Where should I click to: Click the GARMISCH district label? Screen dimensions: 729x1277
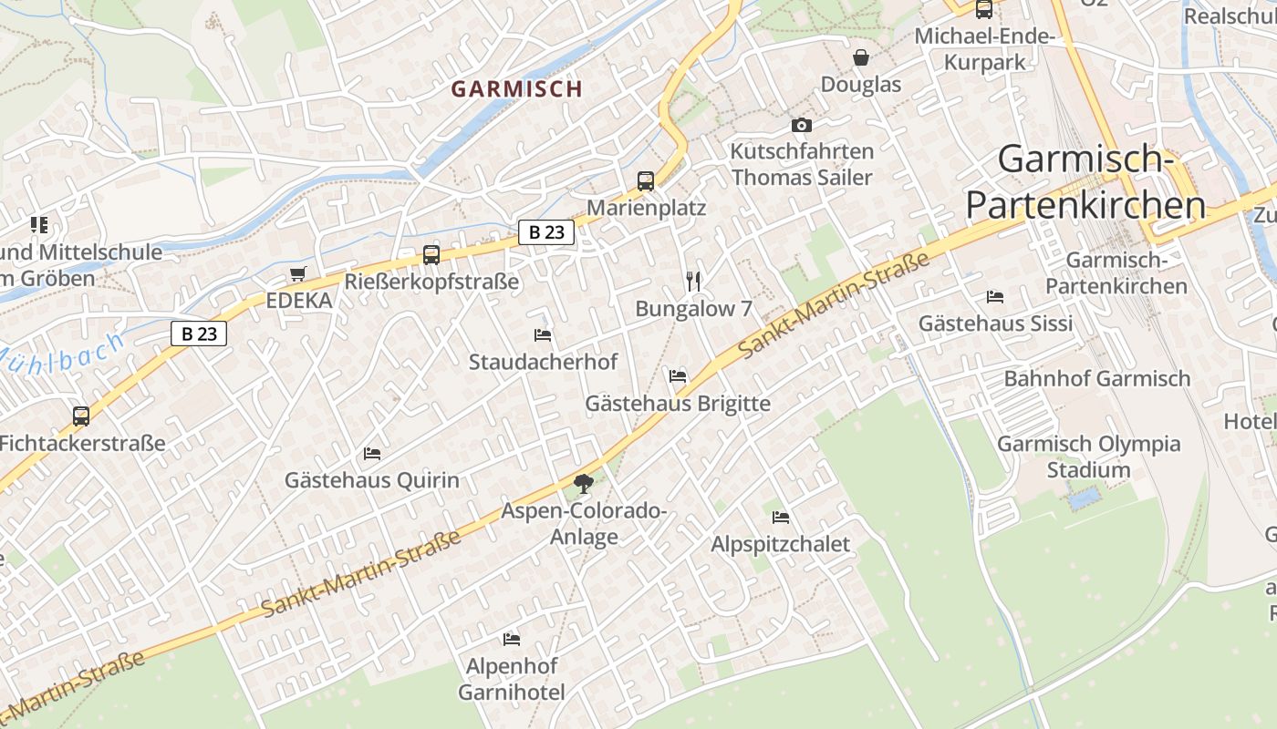(516, 88)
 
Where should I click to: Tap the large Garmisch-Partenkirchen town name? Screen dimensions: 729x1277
(1085, 182)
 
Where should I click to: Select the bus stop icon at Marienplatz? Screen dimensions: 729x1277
(646, 180)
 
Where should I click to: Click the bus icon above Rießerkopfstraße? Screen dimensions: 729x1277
(431, 255)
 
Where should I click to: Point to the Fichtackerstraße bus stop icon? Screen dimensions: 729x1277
(81, 416)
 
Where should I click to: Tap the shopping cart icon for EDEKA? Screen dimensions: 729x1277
(297, 274)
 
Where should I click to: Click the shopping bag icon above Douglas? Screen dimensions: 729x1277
(860, 58)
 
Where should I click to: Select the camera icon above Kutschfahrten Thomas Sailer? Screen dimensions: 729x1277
(801, 125)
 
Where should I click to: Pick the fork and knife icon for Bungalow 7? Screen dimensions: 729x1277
(693, 282)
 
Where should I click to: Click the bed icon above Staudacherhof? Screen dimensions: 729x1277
(543, 335)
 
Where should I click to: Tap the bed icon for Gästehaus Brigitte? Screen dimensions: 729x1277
(677, 375)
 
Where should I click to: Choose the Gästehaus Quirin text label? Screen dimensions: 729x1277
(372, 480)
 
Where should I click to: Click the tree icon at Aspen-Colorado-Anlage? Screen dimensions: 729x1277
(583, 484)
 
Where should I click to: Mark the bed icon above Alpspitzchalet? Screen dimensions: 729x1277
(781, 518)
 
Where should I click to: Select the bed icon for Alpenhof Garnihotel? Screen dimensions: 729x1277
(511, 640)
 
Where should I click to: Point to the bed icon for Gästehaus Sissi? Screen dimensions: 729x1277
(995, 297)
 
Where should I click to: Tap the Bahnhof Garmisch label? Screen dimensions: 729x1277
(1097, 378)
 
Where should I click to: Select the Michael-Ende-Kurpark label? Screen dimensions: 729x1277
(984, 49)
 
